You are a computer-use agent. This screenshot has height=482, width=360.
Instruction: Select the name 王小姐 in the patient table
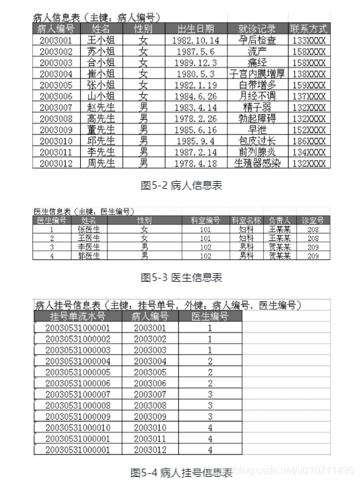pos(100,40)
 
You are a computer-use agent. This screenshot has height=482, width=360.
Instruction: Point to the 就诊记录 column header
pos(257,29)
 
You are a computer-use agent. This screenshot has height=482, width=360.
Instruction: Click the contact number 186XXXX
pos(308,141)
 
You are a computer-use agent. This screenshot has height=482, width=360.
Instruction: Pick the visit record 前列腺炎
pos(257,152)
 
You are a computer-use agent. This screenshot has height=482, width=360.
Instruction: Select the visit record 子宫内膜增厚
pos(257,74)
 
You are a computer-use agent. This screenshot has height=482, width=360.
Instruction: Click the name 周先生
pos(100,163)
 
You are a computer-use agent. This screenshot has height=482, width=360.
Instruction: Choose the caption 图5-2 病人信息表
pos(181,186)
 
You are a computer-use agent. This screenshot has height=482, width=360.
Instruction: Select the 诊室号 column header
pos(312,220)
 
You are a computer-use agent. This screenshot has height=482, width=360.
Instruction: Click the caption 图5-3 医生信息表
pos(181,277)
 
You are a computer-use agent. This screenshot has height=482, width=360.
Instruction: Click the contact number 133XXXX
pos(308,40)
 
